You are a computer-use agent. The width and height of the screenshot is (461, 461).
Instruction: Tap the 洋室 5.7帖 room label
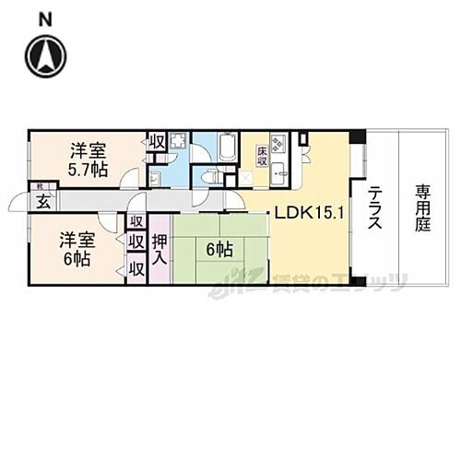[89, 159]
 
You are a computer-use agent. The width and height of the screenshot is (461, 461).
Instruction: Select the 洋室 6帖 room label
[78, 248]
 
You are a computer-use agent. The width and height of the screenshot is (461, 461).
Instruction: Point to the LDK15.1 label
[308, 214]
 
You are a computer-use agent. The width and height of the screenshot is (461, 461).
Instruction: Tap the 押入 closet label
[159, 248]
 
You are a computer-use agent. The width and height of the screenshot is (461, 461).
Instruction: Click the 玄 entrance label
[41, 203]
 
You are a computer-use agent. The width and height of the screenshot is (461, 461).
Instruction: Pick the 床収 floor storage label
[263, 152]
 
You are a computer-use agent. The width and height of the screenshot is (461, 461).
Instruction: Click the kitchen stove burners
[278, 143]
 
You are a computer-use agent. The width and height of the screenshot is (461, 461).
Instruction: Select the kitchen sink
[280, 172]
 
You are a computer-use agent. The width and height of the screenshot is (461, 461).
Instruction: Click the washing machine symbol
[178, 142]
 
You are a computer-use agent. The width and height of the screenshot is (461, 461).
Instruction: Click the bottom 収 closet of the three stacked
[136, 269]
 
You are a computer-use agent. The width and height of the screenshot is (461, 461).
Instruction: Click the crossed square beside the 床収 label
[244, 175]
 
